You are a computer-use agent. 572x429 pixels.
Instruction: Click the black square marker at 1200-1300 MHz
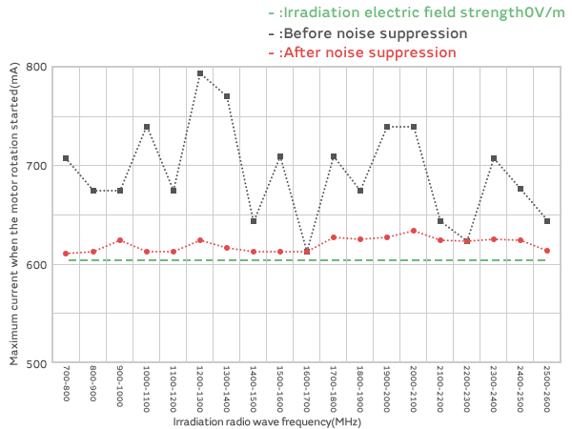[200, 73]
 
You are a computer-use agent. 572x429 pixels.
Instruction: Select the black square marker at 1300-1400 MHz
[227, 96]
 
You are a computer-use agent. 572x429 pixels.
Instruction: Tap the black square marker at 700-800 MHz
[66, 158]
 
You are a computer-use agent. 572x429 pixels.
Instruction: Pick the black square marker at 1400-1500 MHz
[254, 221]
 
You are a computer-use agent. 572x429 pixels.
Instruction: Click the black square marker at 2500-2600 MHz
[547, 221]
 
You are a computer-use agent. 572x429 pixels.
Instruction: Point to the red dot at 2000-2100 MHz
[414, 231]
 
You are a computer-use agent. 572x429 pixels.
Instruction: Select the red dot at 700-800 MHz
[66, 254]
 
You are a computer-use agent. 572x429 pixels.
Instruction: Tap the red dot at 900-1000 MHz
[120, 240]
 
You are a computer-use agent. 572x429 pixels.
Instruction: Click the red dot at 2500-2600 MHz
[547, 251]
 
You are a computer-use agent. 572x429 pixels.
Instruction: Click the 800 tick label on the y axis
[37, 67]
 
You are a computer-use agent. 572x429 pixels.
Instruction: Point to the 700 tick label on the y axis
[37, 166]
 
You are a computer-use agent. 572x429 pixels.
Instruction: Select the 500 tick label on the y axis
[37, 363]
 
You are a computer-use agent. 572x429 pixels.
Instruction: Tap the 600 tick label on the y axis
[37, 264]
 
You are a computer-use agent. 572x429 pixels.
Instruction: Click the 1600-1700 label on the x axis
[307, 391]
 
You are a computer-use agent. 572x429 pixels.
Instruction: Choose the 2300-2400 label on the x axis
[494, 391]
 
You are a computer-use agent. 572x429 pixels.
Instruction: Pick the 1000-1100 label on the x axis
[147, 391]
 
